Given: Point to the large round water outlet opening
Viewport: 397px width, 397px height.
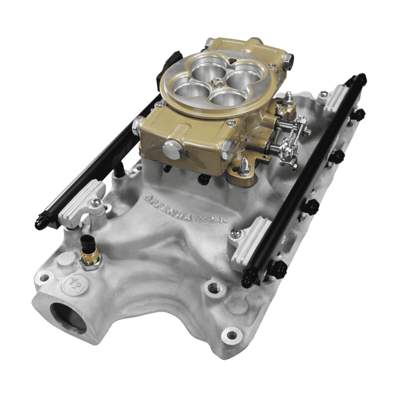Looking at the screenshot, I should click(68, 317).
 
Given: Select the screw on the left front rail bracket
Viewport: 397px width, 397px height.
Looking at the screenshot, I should click(95, 202).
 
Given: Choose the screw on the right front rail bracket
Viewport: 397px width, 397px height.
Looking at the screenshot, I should click(236, 233).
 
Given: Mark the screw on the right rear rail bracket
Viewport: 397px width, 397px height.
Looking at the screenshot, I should click(323, 94).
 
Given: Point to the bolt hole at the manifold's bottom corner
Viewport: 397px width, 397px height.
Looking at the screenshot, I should click(231, 335).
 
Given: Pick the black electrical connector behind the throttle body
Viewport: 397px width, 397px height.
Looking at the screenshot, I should click(167, 70).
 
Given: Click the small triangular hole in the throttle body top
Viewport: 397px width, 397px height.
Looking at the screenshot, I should click(231, 61).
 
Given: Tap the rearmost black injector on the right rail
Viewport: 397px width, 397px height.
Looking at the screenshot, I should click(359, 115).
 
